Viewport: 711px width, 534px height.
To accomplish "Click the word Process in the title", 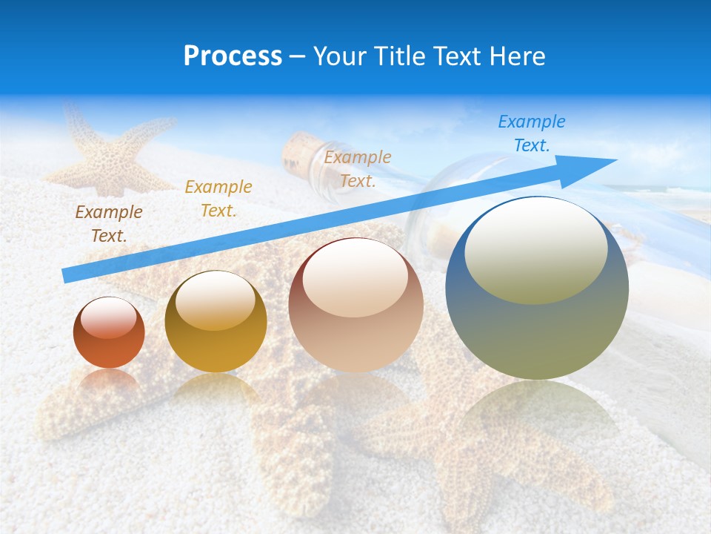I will coord(233,56).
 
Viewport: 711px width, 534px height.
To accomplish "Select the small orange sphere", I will coord(109,333).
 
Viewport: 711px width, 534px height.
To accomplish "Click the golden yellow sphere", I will coord(216,322).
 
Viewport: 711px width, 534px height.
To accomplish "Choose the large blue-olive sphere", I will coord(537,289).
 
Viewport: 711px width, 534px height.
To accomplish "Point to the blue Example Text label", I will coord(531,133).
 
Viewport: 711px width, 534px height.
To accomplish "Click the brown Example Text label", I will coord(108,223).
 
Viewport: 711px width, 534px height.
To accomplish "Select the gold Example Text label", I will coord(218,198).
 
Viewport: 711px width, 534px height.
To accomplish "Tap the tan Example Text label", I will coord(357,168).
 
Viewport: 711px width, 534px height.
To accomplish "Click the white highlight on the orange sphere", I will coord(109,320).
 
